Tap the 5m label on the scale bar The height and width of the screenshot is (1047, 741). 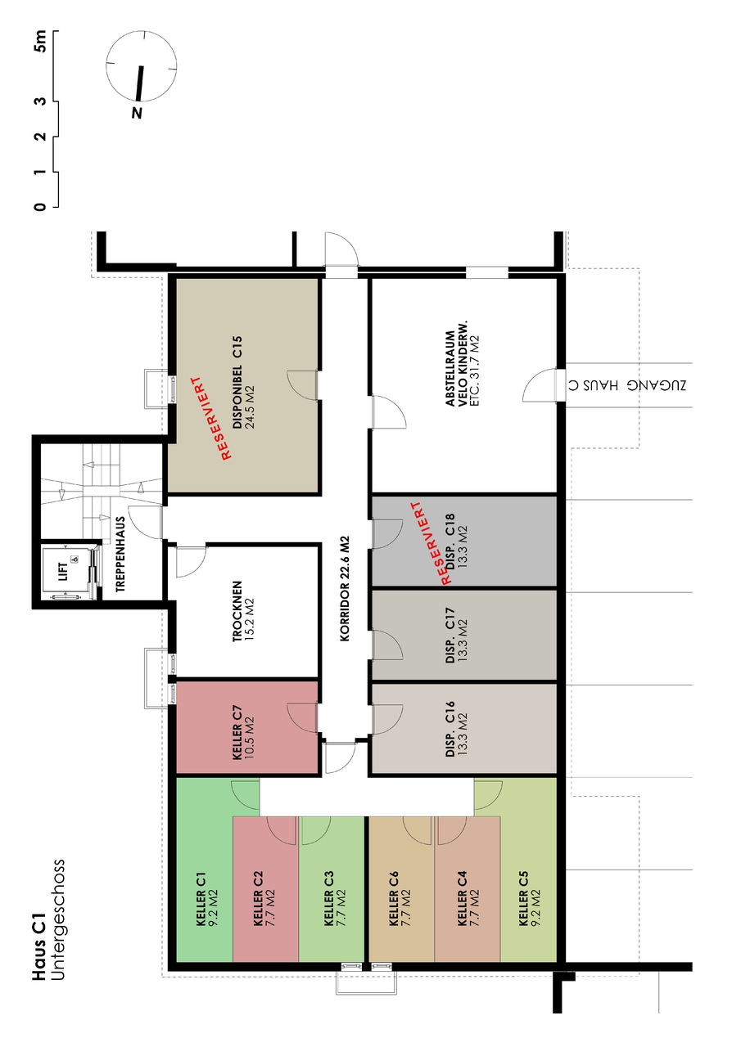click(39, 42)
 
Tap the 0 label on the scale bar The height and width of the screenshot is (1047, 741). click(39, 206)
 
